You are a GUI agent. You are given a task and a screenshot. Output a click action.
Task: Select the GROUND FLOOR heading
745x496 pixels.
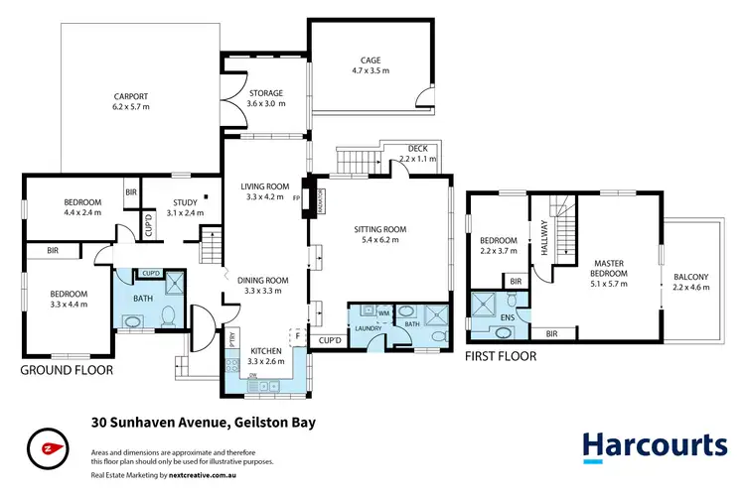pos(68,369)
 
